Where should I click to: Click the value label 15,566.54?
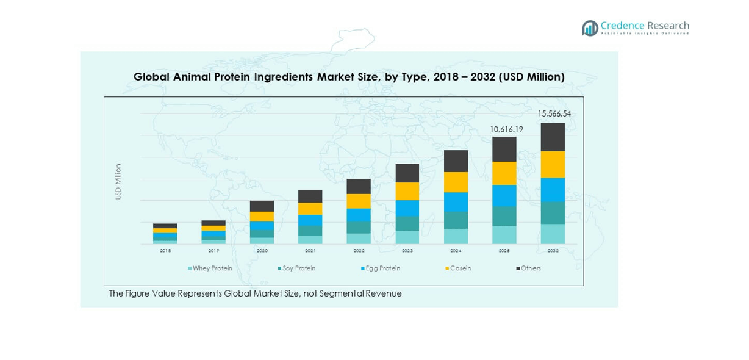(x=554, y=114)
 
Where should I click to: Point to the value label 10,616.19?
(x=506, y=129)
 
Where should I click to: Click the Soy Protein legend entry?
(x=298, y=268)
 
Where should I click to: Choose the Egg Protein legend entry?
(x=382, y=268)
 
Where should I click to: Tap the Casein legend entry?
(x=460, y=268)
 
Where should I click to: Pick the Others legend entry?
(x=530, y=268)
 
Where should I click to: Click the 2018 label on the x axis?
(x=165, y=251)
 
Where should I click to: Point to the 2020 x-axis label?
(x=262, y=251)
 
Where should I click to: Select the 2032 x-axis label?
(x=553, y=251)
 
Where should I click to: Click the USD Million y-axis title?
(x=118, y=182)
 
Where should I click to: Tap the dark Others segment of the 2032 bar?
(x=553, y=137)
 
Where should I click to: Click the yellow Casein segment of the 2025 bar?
(x=504, y=173)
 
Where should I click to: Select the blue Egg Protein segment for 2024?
(x=456, y=202)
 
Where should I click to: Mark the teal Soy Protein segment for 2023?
(x=407, y=223)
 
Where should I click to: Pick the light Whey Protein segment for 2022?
(x=359, y=239)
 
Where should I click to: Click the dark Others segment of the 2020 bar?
(x=262, y=206)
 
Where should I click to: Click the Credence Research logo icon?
(x=590, y=28)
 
